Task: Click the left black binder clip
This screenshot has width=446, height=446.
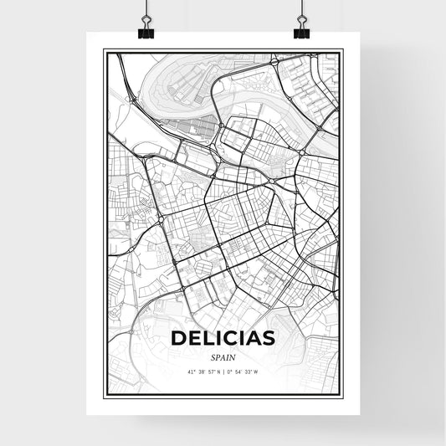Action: (x=146, y=30)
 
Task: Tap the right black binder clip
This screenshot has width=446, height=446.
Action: (x=300, y=30)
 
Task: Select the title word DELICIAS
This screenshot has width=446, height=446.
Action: (x=223, y=338)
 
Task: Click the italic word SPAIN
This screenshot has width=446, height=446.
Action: (x=223, y=356)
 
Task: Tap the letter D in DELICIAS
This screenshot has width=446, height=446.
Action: (x=178, y=338)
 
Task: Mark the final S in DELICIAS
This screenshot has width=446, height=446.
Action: (x=268, y=338)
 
